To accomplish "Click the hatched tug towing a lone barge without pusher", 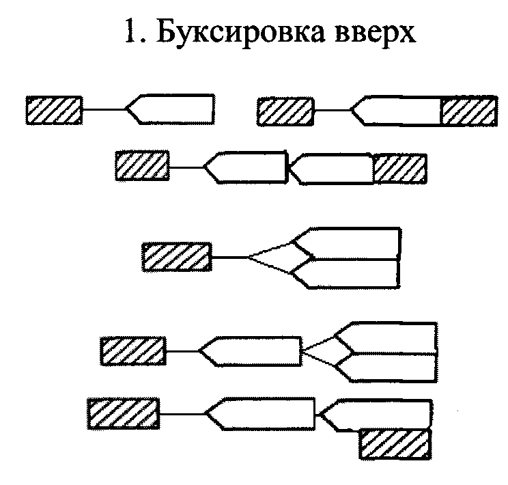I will coord(55,109).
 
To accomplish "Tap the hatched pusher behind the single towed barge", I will coord(468,110).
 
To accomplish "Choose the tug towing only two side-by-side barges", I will coord(176,257).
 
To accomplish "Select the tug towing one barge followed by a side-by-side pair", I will coord(133,351).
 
